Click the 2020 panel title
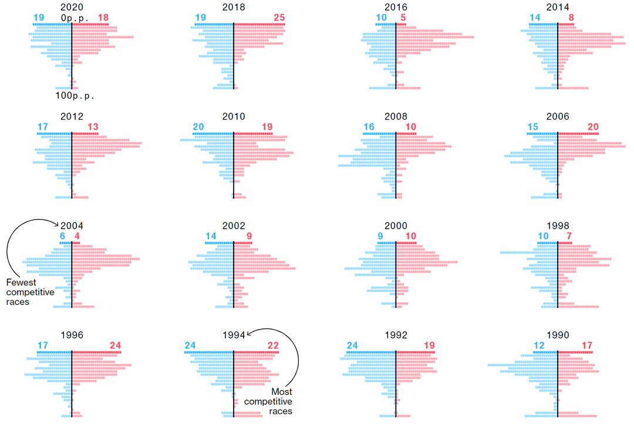(x=72, y=8)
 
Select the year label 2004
(x=72, y=226)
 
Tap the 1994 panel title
(x=234, y=335)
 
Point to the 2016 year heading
(x=396, y=8)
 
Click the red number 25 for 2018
(x=279, y=18)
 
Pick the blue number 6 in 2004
(x=63, y=236)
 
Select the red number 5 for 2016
(x=403, y=18)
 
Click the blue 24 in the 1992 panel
(x=352, y=345)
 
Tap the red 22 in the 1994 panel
(x=274, y=345)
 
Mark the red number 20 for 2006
(x=593, y=127)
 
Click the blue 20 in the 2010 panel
(x=198, y=127)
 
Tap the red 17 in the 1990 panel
(x=588, y=345)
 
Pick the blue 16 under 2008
(x=369, y=127)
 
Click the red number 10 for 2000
(x=411, y=236)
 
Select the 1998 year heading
(x=558, y=226)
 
